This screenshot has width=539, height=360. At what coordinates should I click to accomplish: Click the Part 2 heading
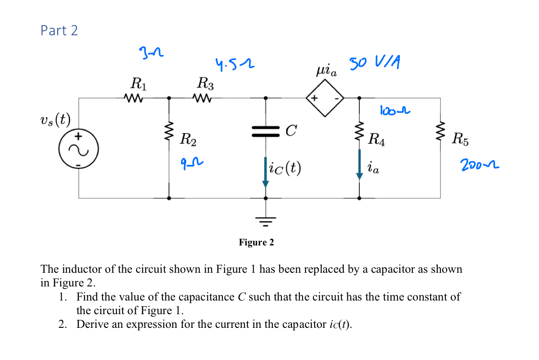(x=59, y=30)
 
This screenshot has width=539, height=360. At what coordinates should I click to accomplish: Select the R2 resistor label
(x=188, y=141)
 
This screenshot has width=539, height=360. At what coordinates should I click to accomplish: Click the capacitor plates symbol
(x=265, y=131)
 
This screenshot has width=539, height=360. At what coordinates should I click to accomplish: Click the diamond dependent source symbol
(x=325, y=98)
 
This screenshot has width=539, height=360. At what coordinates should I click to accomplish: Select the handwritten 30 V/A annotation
(x=375, y=63)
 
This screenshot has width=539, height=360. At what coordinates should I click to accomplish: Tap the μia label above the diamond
(x=326, y=71)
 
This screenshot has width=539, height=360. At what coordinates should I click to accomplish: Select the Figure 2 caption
(x=256, y=242)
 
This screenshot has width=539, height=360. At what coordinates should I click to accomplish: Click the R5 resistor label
(x=460, y=140)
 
